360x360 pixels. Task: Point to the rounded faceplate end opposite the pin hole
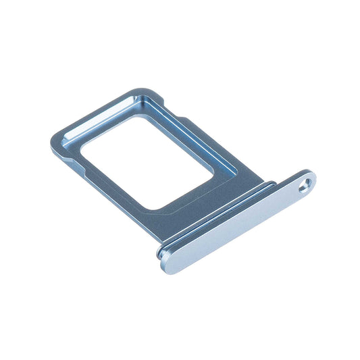coord(167,259)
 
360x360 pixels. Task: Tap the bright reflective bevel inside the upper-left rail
coord(95,122)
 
